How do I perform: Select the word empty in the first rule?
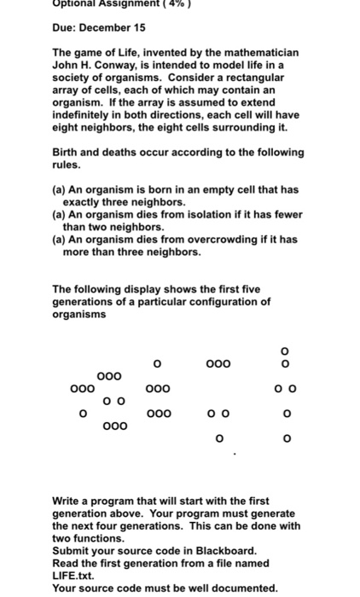(x=212, y=189)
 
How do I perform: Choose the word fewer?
(x=286, y=215)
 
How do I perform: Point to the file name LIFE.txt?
(x=78, y=576)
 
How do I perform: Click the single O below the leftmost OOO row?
(x=82, y=413)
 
